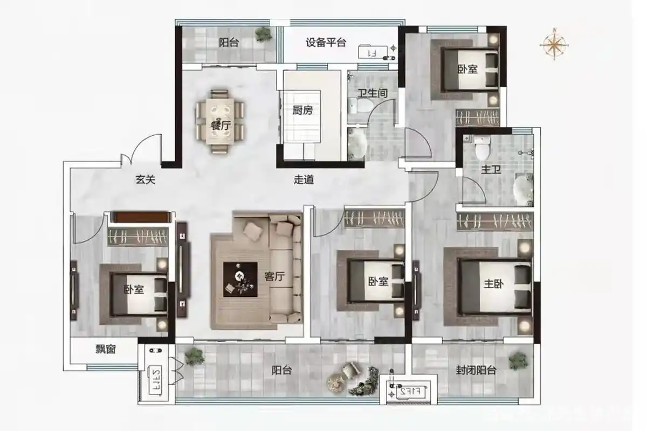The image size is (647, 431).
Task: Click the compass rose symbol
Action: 554,44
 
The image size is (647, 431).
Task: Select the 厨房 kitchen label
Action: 302,110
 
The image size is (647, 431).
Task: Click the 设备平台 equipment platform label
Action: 326,43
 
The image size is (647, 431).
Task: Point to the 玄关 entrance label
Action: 145,180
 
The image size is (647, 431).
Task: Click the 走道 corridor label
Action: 304,180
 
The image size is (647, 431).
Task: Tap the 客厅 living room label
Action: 274,276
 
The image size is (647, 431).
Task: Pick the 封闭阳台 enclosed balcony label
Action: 476,370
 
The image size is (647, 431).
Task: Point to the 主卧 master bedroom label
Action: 493,285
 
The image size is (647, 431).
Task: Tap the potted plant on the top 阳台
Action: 263,34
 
